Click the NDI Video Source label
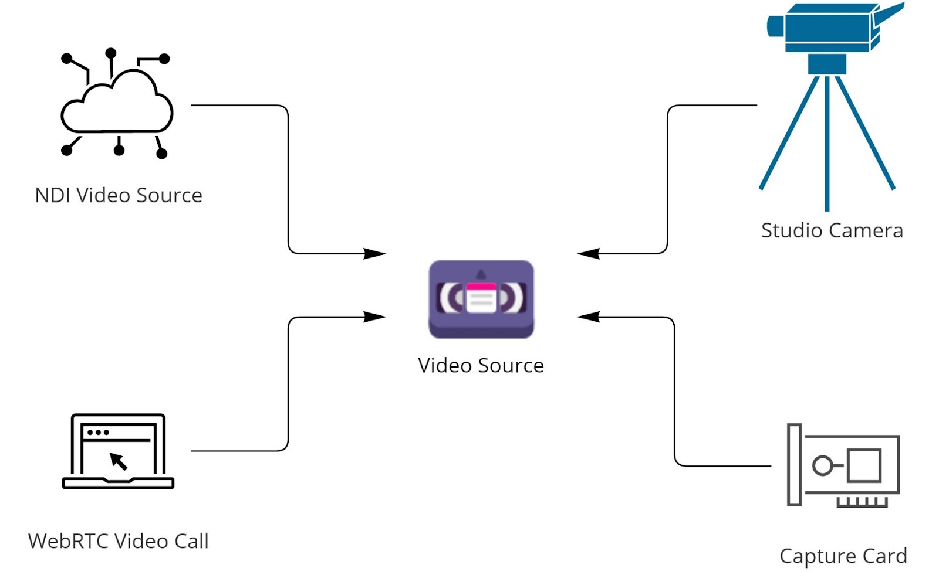coord(119,195)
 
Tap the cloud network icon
coord(117,104)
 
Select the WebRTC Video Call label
coord(119,541)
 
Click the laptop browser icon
coord(118,451)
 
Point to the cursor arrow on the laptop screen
coord(119,461)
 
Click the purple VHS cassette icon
coord(481,299)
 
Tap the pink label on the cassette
coord(481,287)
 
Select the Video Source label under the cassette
coord(481,366)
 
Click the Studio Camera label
coord(832,230)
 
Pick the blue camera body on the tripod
coord(827,28)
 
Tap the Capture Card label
coord(843,556)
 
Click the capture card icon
coord(843,465)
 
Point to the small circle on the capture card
coord(822,466)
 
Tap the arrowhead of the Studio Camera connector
coord(589,254)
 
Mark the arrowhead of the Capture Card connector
coord(589,317)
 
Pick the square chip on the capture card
coord(864,465)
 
